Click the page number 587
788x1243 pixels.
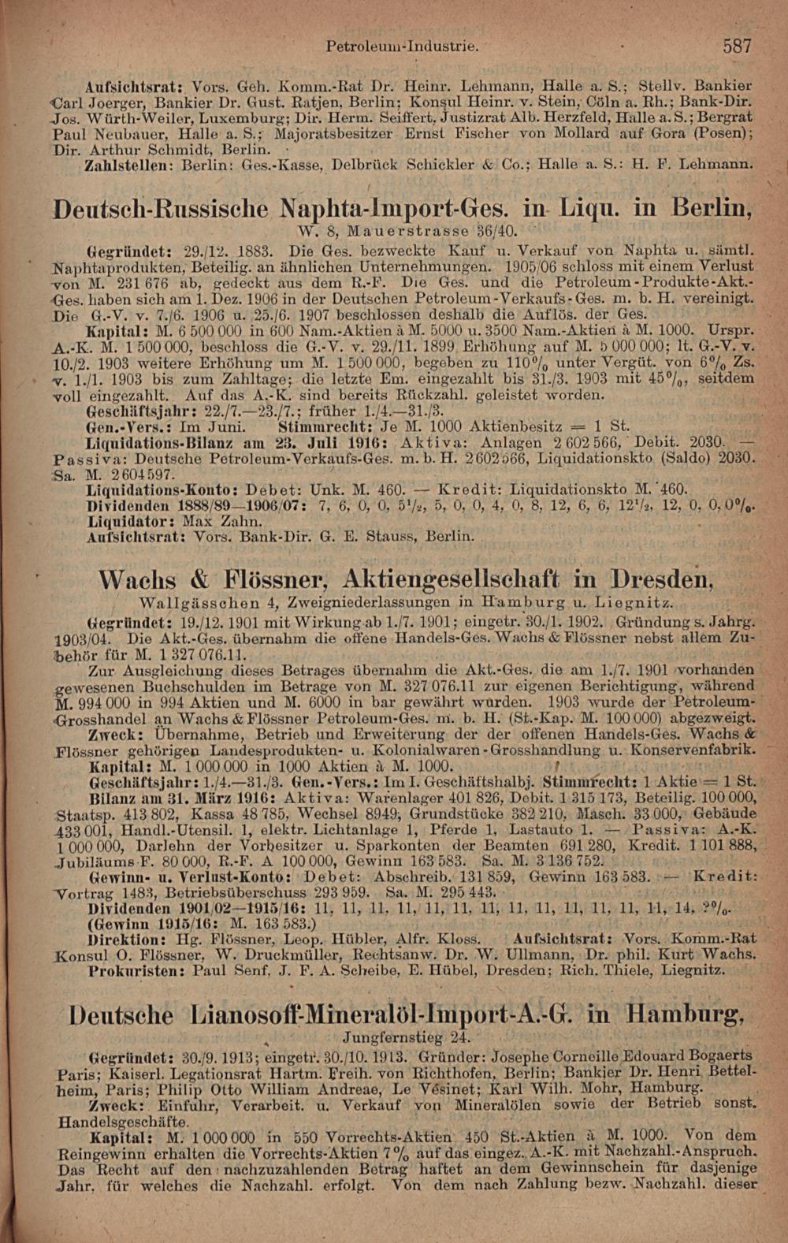pos(738,46)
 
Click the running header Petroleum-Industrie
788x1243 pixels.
pos(403,47)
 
